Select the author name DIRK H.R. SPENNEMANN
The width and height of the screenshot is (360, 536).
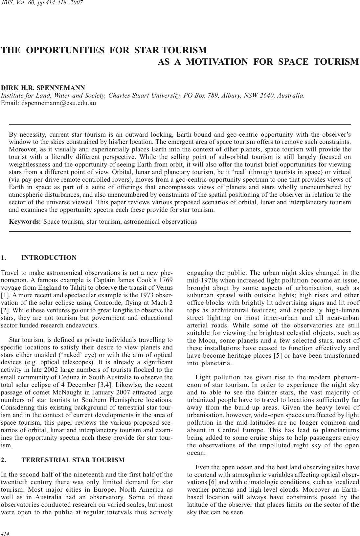[43, 88]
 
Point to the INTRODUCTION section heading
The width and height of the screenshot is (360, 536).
[49, 258]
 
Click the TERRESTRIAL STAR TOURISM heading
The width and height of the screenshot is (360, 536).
[73, 460]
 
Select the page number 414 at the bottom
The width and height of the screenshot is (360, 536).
[5, 533]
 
